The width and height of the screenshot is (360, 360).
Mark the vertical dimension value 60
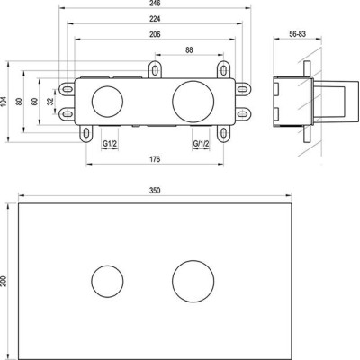click(x=35, y=102)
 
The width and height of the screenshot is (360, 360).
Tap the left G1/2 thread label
click(x=110, y=144)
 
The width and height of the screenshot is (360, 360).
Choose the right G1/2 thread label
click(x=201, y=144)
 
